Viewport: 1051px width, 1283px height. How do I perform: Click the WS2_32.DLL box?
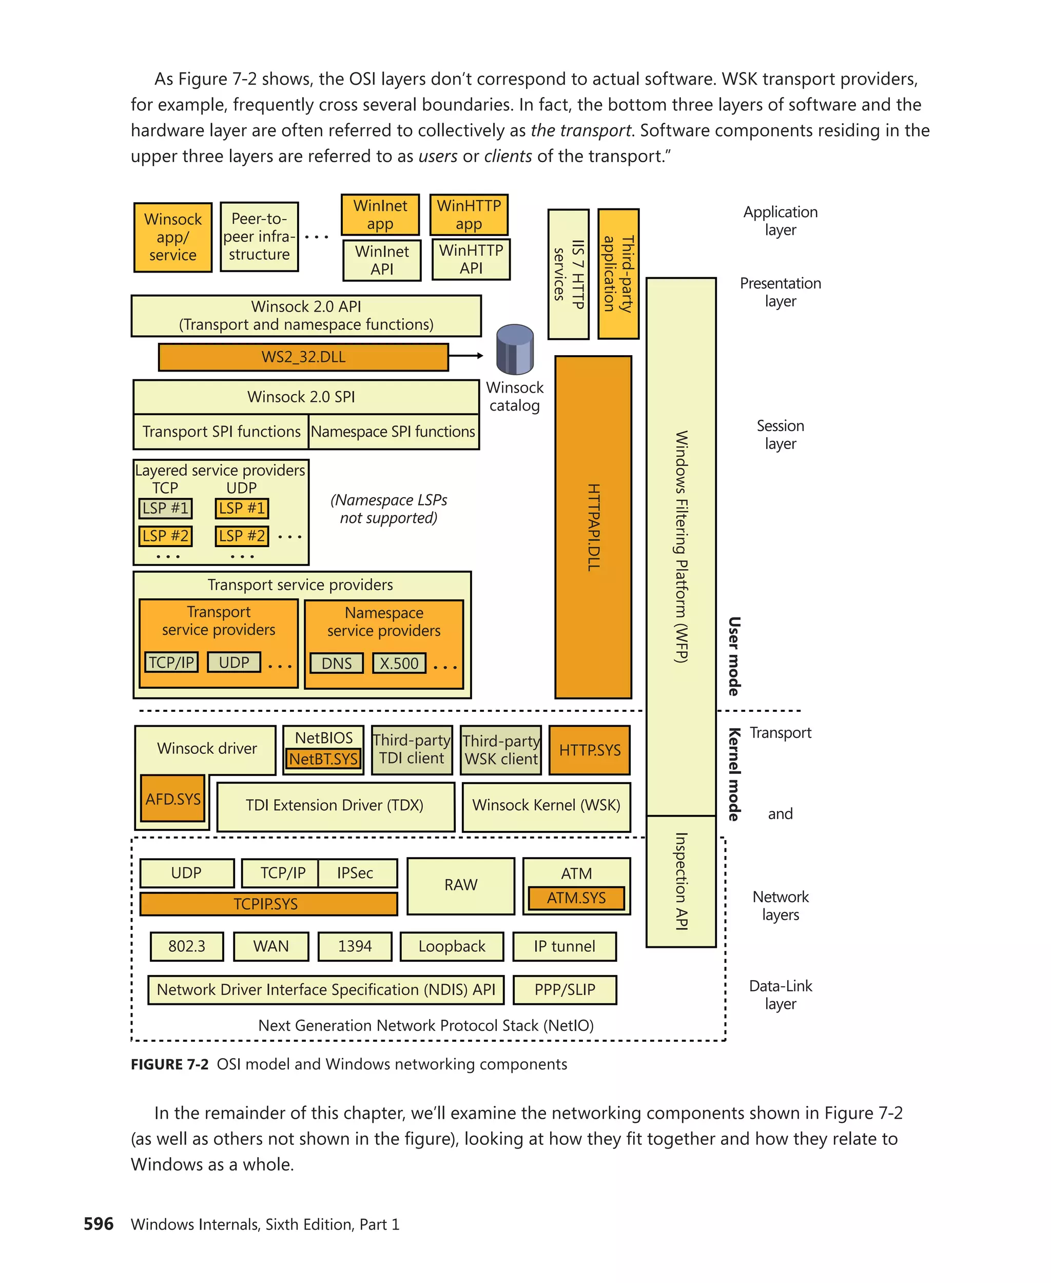[303, 357]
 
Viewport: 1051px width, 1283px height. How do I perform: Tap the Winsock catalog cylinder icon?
[515, 350]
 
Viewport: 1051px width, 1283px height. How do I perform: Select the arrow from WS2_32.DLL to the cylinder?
[465, 356]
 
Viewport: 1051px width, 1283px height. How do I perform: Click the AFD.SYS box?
[172, 799]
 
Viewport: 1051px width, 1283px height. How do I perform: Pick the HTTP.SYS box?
[589, 750]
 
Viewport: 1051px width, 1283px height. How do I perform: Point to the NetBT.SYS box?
[323, 759]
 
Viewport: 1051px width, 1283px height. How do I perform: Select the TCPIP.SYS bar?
[268, 903]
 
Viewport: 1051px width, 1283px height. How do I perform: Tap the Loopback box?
[452, 946]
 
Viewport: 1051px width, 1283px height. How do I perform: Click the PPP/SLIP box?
[565, 989]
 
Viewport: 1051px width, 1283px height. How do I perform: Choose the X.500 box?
[398, 663]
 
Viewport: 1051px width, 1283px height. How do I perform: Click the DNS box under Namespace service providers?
[336, 663]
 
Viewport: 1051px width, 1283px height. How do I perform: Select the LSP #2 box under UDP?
[242, 536]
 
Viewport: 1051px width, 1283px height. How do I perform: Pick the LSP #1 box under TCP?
[165, 508]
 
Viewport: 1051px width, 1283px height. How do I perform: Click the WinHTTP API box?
[471, 259]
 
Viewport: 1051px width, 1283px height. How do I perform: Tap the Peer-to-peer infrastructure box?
[259, 237]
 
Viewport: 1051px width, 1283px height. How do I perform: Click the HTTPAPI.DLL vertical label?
[593, 527]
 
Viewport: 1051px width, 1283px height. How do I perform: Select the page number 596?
[99, 1223]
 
